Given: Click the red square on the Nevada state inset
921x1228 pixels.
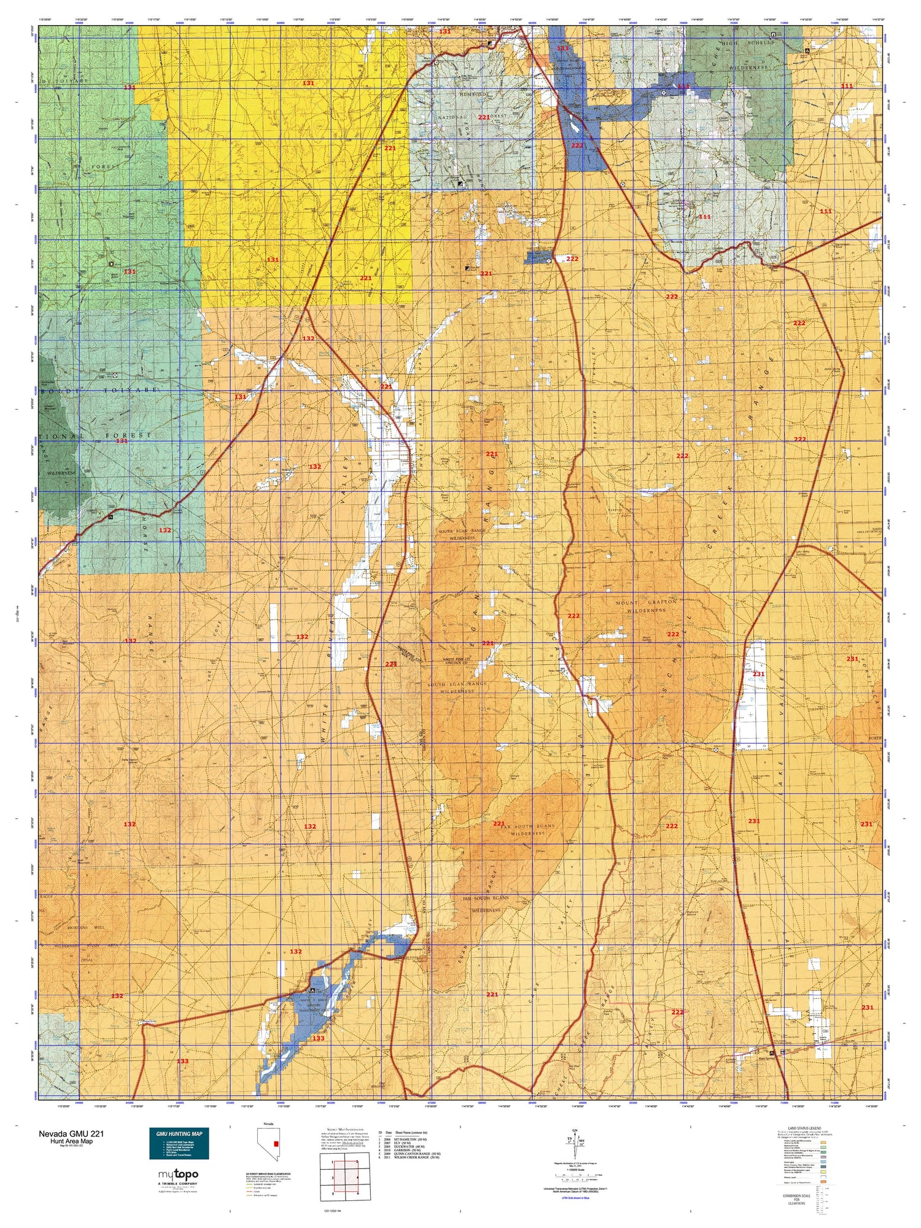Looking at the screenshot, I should (277, 1143).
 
